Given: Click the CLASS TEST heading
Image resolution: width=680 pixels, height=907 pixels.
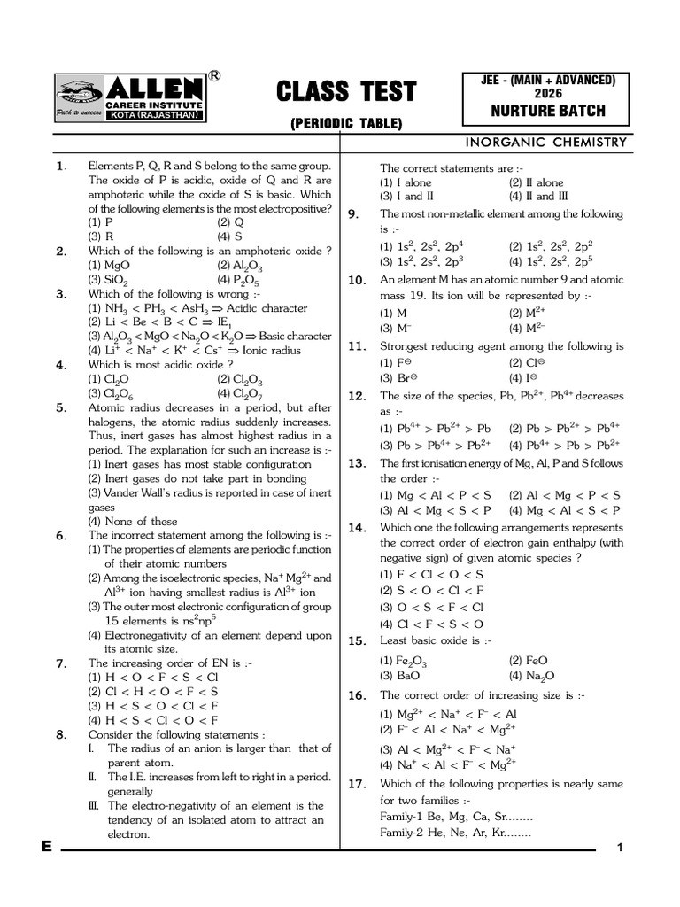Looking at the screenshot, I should (346, 91).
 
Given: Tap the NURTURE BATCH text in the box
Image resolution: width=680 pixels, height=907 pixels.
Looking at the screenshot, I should (549, 111).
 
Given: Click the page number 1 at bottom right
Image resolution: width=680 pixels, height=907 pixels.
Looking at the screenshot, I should (621, 849).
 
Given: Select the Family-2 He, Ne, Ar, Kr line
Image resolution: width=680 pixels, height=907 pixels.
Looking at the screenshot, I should (455, 833).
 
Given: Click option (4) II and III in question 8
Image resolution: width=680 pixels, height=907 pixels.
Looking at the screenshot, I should (538, 196).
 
